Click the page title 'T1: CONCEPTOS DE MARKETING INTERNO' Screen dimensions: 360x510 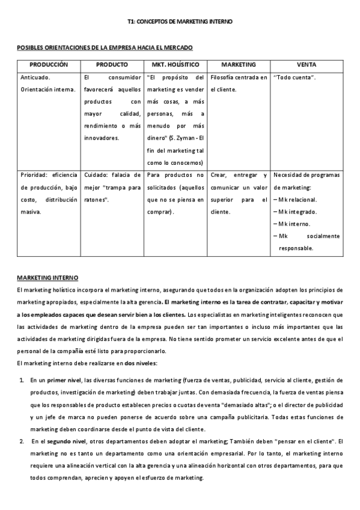click(180, 21)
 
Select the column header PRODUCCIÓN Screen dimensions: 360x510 click(49, 64)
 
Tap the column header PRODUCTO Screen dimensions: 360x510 click(112, 64)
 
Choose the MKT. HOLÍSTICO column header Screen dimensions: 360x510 click(175, 64)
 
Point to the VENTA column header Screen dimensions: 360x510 click(307, 64)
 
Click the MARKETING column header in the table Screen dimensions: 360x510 click(239, 64)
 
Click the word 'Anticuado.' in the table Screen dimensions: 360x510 click(35, 78)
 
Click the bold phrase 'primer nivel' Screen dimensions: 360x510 click(65, 380)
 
